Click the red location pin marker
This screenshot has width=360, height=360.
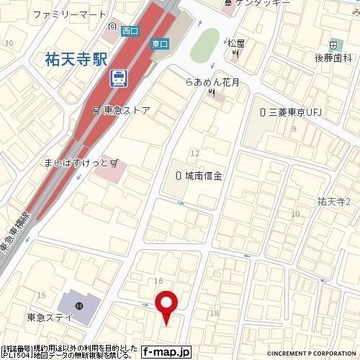167,305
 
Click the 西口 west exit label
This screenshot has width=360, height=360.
130,30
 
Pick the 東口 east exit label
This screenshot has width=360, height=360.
160,44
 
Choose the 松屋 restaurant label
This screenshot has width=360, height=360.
236,43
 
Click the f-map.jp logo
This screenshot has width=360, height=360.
166,352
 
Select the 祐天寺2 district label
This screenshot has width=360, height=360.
333,202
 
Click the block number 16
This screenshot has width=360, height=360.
158,279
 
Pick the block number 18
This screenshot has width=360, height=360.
213,312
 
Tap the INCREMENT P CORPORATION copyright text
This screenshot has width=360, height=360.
312,354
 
